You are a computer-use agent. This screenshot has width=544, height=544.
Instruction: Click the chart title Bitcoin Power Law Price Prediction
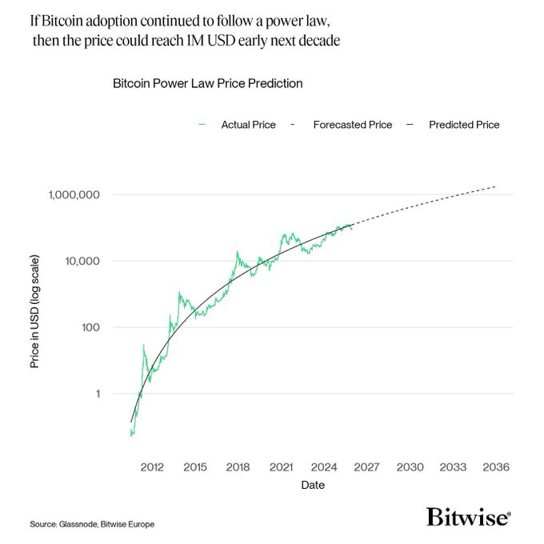(x=207, y=83)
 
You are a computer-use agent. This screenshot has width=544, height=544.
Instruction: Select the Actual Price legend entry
(x=248, y=125)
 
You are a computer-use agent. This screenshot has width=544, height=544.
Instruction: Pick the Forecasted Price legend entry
(x=352, y=125)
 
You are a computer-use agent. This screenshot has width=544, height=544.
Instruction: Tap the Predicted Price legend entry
(x=464, y=125)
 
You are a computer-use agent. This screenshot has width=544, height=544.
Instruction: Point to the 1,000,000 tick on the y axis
(x=74, y=195)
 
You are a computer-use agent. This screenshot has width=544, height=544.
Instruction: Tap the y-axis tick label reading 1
(x=98, y=394)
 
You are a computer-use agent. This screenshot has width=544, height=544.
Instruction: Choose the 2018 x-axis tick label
(x=238, y=467)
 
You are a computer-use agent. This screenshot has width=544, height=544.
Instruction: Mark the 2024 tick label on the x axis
(x=323, y=467)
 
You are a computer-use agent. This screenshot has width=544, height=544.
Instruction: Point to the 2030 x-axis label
(x=410, y=467)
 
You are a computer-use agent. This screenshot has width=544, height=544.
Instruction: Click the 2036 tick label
(x=496, y=467)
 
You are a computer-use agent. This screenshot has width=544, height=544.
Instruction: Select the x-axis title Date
(x=312, y=486)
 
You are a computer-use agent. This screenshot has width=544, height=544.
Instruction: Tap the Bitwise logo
(x=468, y=517)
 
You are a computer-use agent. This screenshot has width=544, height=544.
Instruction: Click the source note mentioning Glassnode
(x=92, y=524)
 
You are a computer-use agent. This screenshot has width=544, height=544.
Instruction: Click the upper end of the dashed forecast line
(x=495, y=186)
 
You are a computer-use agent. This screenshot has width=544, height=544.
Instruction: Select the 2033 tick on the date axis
(x=453, y=467)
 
